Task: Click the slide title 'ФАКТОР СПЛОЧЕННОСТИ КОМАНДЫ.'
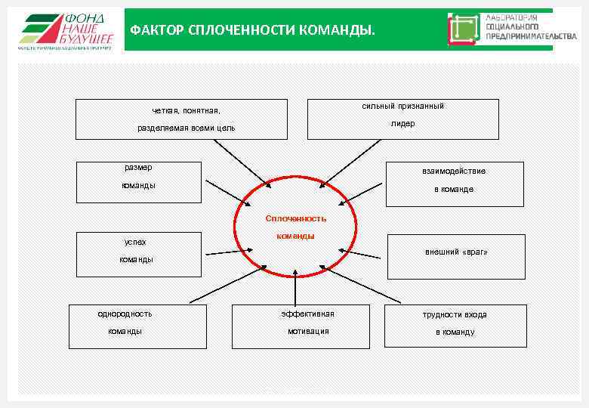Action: coord(252,31)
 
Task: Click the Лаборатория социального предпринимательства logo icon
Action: coord(464,30)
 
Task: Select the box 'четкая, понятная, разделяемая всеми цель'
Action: coord(181,119)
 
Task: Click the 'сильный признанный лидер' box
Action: coord(402,119)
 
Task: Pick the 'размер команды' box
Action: coord(139,182)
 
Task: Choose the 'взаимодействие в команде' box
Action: coord(454,184)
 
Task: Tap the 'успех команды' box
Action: coord(139,254)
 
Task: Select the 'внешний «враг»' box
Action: coord(455,257)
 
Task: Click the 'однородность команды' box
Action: coord(137,326)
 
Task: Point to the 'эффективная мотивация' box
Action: coord(301,326)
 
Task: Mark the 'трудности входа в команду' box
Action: coord(454,326)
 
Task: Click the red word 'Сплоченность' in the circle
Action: coord(295,218)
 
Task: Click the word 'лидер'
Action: coord(402,124)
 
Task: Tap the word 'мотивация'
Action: coord(308,331)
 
